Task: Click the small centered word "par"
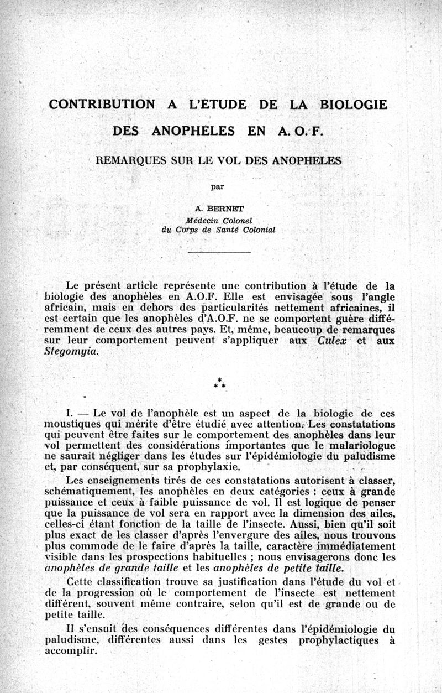(x=220, y=186)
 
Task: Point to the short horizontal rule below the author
(x=219, y=252)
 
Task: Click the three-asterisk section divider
(x=219, y=382)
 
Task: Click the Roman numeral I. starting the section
(x=71, y=413)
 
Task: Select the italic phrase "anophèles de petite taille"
(x=267, y=567)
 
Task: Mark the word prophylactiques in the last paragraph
(x=338, y=640)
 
